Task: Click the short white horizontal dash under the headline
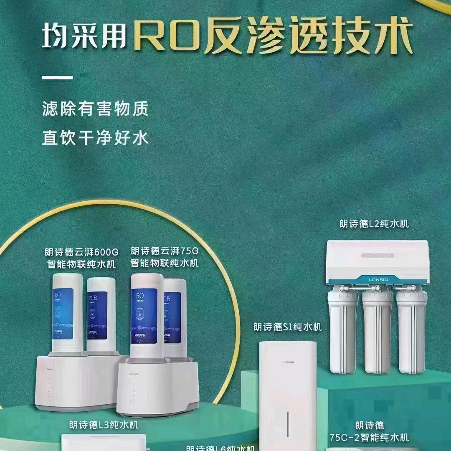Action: click(x=58, y=77)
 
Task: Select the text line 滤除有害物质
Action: click(x=95, y=110)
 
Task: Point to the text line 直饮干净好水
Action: click(x=95, y=138)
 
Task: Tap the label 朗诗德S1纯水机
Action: click(x=288, y=327)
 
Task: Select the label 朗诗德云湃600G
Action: click(x=82, y=252)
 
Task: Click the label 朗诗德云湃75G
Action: click(x=165, y=251)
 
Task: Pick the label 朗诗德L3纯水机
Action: click(x=104, y=425)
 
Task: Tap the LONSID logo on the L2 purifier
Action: click(x=377, y=277)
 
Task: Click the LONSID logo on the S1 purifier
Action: click(x=288, y=362)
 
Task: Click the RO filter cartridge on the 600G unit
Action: click(x=67, y=313)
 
